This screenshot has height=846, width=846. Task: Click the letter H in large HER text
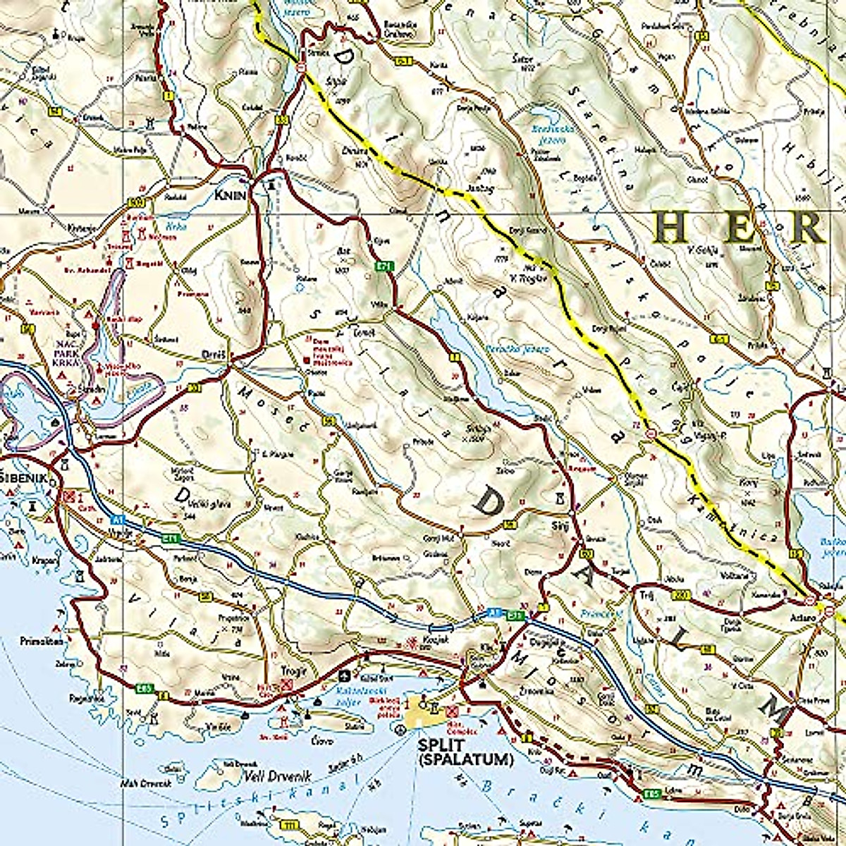tap(668, 228)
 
